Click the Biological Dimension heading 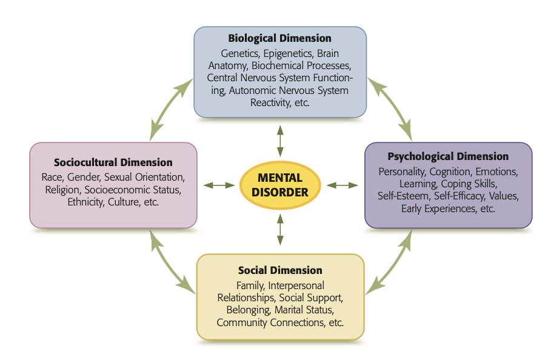click(279, 39)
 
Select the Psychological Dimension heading click(448, 156)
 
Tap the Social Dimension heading click(280, 270)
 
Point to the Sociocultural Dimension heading click(113, 162)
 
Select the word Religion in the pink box click(60, 190)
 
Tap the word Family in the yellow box click(249, 285)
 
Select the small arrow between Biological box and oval click(280, 141)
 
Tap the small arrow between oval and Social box click(280, 229)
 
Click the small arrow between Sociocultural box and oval click(219, 185)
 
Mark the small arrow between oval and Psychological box click(343, 185)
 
